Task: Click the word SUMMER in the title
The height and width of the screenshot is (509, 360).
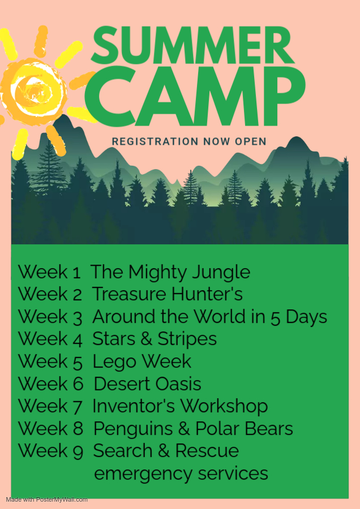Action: click(192, 45)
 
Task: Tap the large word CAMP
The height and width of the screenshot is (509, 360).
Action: click(195, 96)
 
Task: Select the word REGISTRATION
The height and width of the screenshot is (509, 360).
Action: click(155, 141)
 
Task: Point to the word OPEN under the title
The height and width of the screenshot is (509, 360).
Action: click(251, 141)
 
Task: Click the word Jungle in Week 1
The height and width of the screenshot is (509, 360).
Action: click(221, 273)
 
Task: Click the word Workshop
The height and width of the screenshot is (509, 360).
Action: click(224, 407)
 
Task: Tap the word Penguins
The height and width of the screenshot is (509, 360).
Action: click(133, 429)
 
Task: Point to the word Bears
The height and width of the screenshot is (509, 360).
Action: click(269, 428)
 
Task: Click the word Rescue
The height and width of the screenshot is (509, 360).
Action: click(207, 451)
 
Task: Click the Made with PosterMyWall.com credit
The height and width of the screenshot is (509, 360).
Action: click(46, 499)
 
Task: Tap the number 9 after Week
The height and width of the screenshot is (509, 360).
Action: click(78, 451)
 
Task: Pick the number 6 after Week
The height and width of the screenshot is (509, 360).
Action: click(78, 383)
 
